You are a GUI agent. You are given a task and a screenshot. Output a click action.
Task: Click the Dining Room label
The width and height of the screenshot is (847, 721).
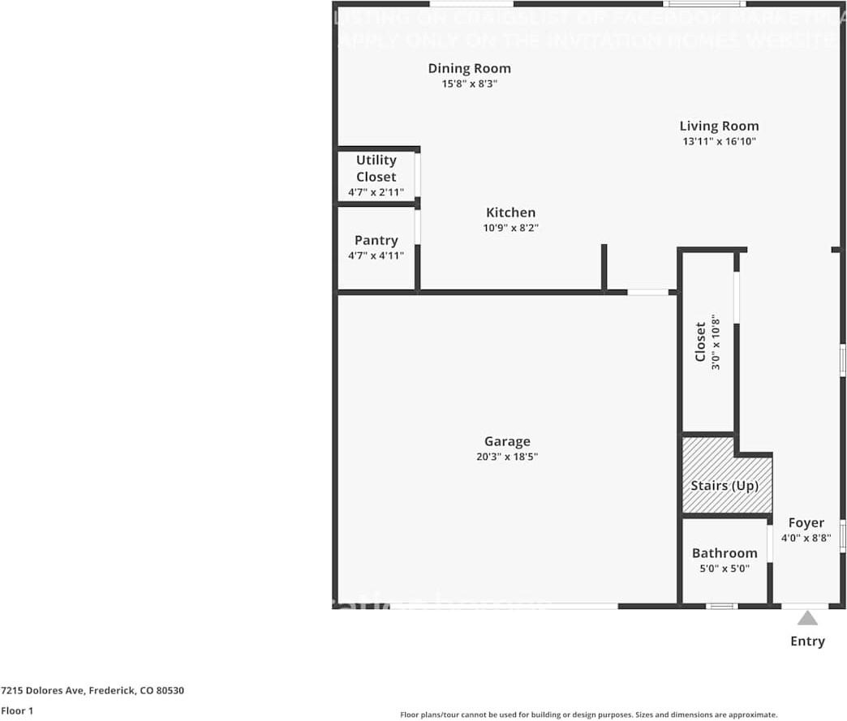(469, 68)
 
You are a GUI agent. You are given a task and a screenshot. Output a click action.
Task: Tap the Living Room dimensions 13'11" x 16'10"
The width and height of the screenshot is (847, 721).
(719, 141)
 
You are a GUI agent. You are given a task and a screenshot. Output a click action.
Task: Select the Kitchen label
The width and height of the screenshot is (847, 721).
(510, 212)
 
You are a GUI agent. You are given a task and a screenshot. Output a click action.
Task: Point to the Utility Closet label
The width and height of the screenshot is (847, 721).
(376, 168)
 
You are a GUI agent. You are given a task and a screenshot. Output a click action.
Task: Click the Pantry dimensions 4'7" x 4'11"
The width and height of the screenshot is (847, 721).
(376, 255)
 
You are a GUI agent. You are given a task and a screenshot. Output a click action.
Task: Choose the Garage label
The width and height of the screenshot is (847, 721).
(507, 441)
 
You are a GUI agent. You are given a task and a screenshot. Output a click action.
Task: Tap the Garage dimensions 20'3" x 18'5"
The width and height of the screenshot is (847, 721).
(507, 457)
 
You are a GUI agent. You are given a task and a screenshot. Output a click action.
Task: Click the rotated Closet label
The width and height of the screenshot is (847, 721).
(700, 341)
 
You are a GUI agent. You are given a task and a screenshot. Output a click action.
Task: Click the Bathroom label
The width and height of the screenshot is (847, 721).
(724, 553)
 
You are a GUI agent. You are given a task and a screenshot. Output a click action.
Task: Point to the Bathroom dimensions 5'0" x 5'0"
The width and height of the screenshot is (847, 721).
(724, 569)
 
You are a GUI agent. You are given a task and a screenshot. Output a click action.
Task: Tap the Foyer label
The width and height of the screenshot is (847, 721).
(806, 523)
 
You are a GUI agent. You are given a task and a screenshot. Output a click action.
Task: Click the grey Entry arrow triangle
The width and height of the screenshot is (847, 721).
(806, 619)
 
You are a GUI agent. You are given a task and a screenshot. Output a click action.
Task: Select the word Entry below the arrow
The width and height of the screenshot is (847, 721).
(807, 642)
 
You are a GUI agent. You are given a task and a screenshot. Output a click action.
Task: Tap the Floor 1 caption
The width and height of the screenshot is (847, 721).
(18, 710)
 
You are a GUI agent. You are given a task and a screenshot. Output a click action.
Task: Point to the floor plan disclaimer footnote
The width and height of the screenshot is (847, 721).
(588, 715)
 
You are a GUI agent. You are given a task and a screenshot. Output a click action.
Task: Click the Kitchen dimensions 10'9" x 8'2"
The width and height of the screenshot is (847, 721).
(510, 228)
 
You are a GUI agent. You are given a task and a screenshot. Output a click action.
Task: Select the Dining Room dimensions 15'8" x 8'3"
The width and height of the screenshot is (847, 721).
(469, 83)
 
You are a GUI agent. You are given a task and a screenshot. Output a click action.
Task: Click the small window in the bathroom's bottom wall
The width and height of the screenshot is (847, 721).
(721, 606)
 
